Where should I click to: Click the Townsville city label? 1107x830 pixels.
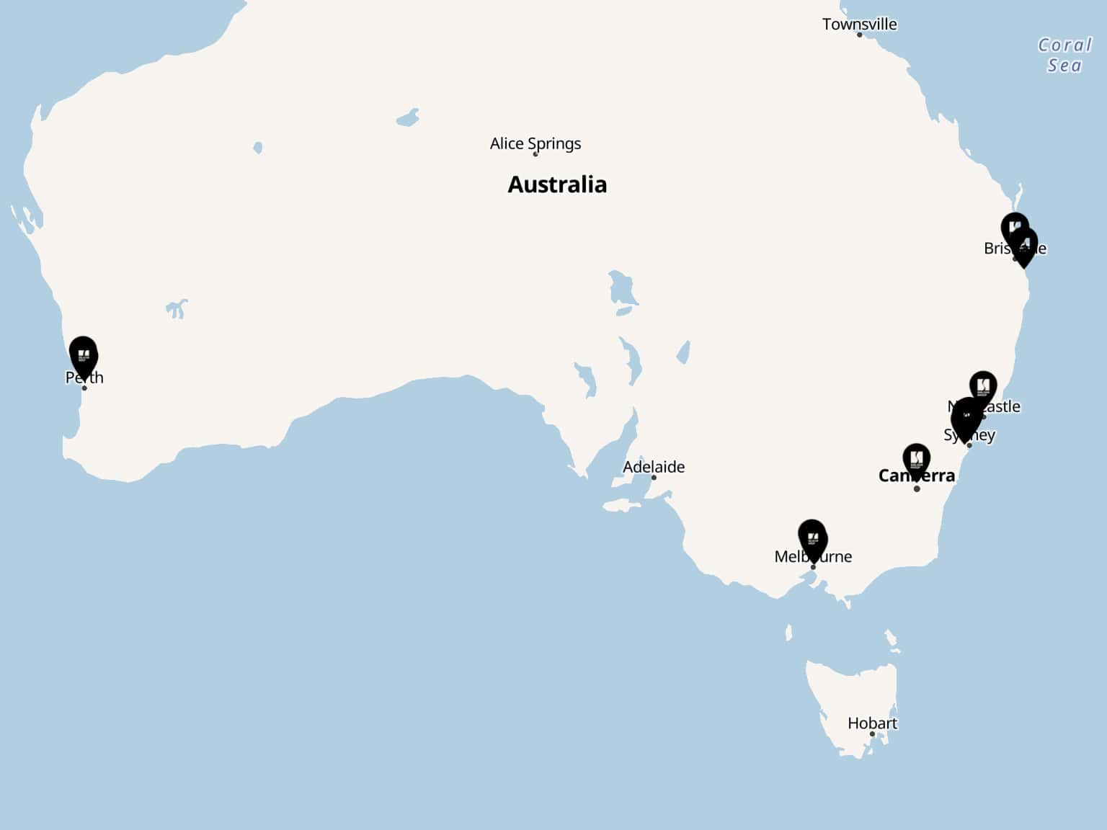point(859,24)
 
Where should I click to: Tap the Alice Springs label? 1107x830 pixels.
point(535,143)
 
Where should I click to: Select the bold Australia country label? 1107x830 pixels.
point(557,184)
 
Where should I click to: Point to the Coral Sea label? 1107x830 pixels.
point(1064,55)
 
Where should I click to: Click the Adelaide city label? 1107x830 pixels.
point(653,467)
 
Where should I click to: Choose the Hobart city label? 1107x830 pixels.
point(872,723)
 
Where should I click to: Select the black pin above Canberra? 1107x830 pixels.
point(916,460)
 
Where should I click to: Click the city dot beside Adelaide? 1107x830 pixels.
point(654,478)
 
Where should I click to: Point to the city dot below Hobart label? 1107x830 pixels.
point(872,734)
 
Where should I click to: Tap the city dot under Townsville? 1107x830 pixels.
point(859,35)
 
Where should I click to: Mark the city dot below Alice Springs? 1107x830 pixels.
point(535,154)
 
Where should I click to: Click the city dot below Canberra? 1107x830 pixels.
point(917,489)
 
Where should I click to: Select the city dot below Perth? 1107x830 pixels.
point(84,388)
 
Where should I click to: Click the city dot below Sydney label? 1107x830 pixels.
point(969,445)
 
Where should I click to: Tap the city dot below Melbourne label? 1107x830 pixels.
point(813,567)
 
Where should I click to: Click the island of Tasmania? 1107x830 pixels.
point(850,692)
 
